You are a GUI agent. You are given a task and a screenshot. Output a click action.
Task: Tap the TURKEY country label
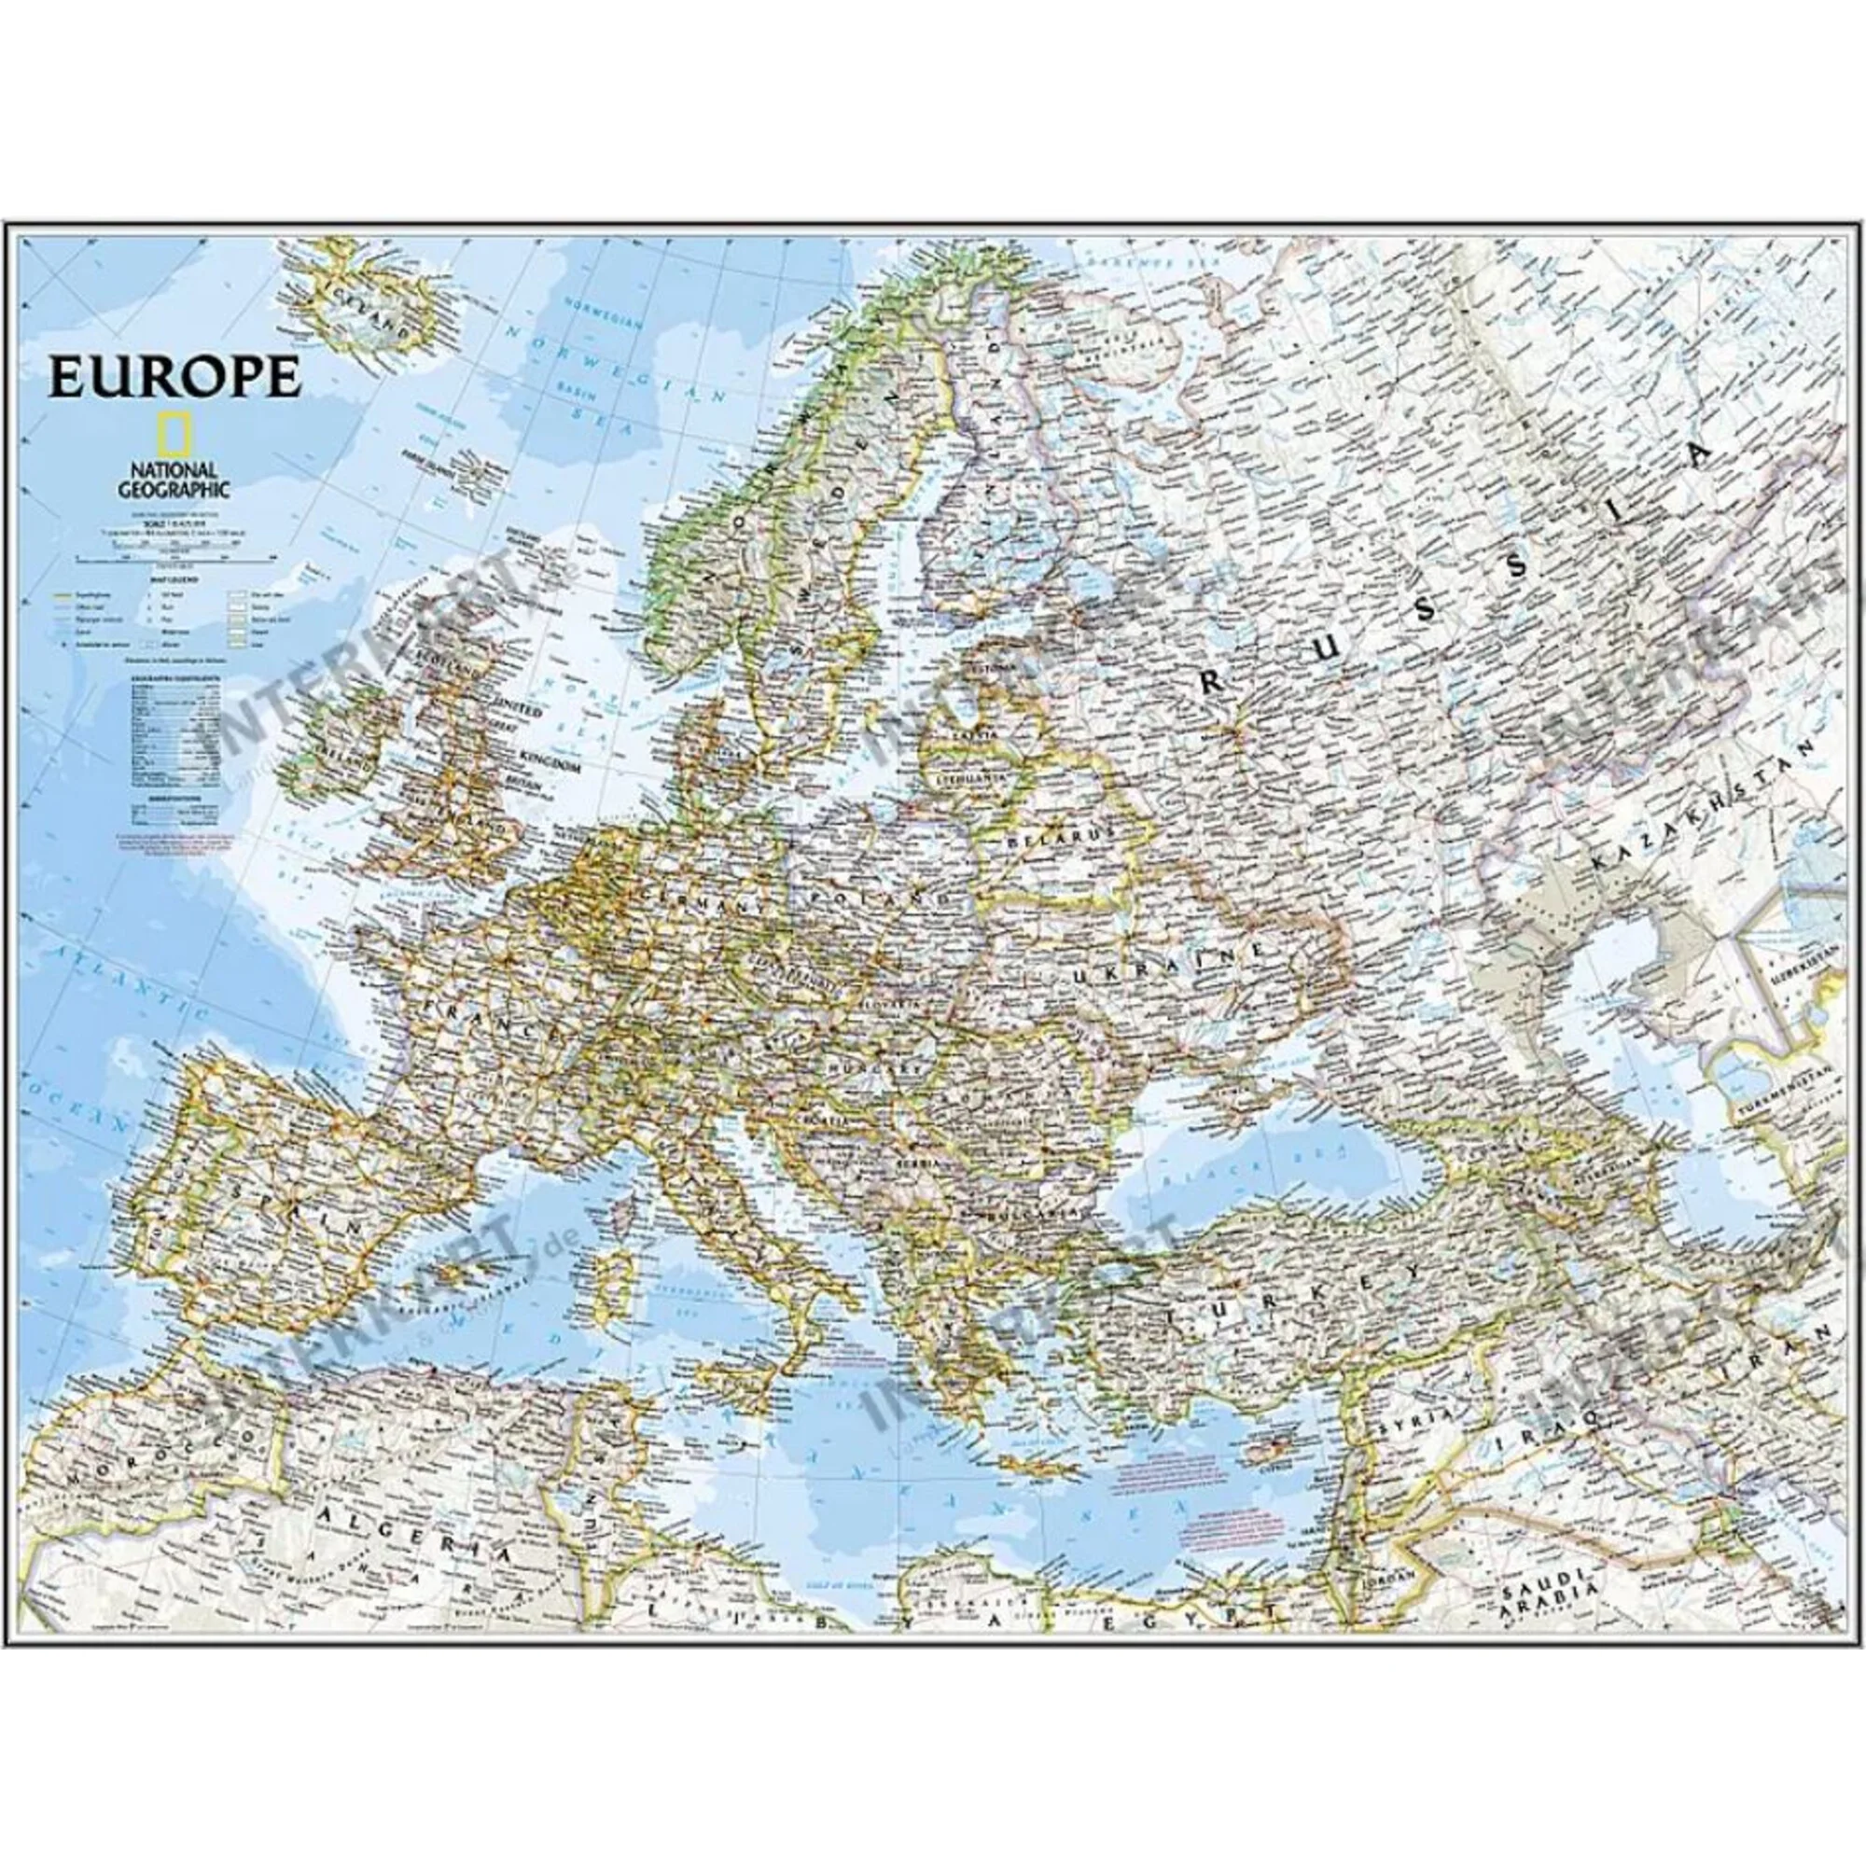pos(1294,1286)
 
